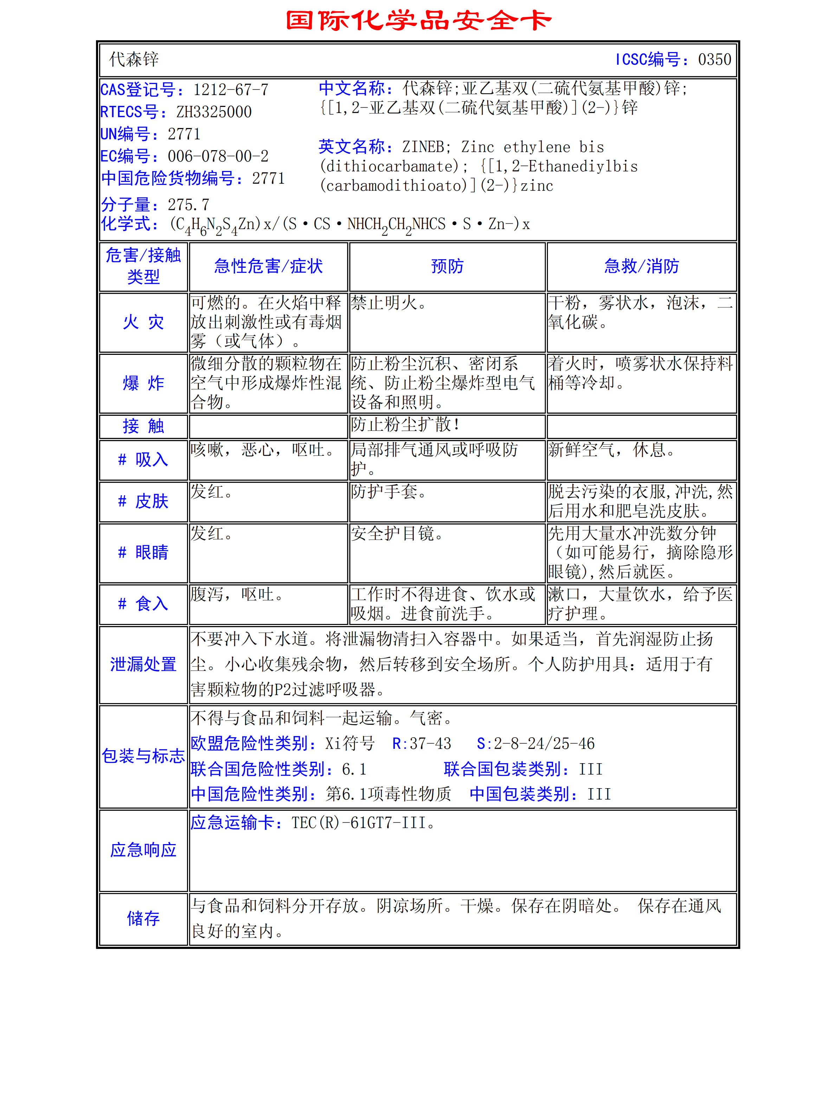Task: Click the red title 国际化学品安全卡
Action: click(x=419, y=21)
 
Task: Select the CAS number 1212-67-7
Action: click(x=231, y=90)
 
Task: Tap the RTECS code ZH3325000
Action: click(x=214, y=112)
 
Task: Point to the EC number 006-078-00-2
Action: click(x=218, y=157)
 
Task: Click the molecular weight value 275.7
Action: click(x=189, y=205)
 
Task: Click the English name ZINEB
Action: click(x=423, y=147)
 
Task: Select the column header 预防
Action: click(x=447, y=267)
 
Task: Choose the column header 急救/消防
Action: click(x=641, y=267)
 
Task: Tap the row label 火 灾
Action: click(x=143, y=322)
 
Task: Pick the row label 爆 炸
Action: click(x=143, y=383)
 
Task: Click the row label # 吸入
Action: click(x=143, y=460)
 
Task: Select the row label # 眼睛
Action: click(x=143, y=552)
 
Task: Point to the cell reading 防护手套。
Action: click(x=388, y=492)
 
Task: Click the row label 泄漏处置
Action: click(x=143, y=664)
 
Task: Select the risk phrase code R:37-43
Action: click(x=421, y=744)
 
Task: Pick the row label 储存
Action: click(x=143, y=918)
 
